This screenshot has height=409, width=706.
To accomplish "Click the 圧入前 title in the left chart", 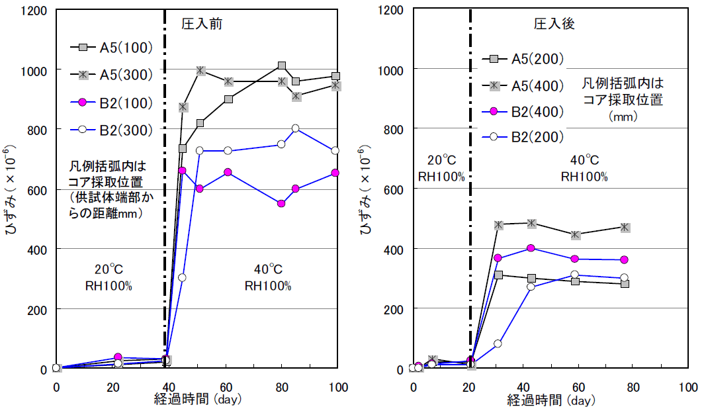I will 202,24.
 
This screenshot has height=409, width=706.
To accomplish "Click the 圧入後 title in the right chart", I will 554,24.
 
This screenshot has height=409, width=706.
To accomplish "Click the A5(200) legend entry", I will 537,59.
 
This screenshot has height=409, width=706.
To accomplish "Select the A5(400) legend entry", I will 537,85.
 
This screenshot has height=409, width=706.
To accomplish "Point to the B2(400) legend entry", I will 537,111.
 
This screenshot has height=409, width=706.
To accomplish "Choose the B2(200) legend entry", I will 537,137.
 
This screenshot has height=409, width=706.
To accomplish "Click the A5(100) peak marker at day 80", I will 282,66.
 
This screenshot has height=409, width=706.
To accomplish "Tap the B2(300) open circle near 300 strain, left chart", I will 182,277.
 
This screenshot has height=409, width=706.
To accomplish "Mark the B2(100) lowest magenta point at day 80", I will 281,203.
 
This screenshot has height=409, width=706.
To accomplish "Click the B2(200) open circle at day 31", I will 498,343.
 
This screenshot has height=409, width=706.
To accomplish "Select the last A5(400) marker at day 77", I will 625,228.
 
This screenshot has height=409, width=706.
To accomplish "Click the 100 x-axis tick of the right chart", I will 687,386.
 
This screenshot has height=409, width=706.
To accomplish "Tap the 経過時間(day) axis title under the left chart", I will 198,400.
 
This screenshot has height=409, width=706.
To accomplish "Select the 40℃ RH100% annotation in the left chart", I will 268,278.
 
